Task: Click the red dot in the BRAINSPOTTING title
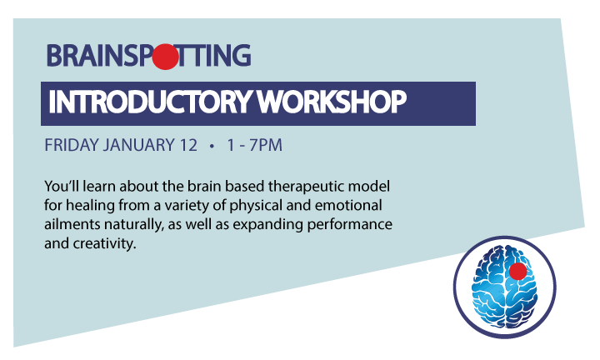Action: click(165, 57)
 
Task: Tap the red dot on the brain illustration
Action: click(517, 271)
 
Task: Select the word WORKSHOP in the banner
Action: click(332, 102)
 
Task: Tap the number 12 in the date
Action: click(188, 145)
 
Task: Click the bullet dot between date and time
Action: click(212, 146)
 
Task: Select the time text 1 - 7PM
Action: click(254, 145)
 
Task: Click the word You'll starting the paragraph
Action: click(62, 187)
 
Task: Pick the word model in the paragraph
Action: click(371, 187)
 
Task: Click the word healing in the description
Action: click(90, 206)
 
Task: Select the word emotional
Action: click(348, 205)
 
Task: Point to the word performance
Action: click(350, 225)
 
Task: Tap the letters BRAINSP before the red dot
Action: click(99, 56)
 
